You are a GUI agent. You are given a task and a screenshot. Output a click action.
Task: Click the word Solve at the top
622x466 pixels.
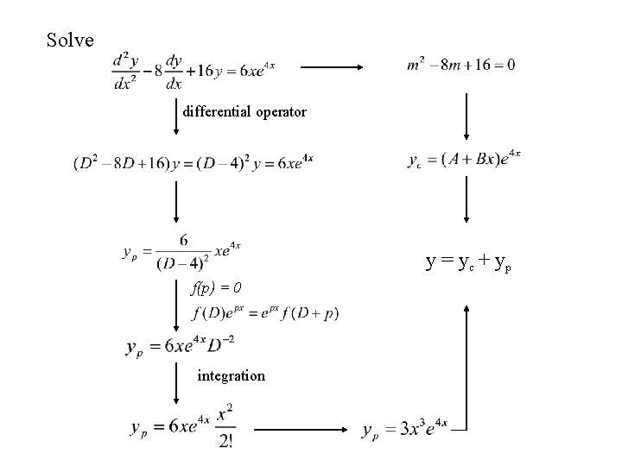tap(64, 40)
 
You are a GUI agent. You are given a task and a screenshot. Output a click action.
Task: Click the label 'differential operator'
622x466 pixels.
tap(244, 111)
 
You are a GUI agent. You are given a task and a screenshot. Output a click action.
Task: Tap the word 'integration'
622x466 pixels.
tap(231, 375)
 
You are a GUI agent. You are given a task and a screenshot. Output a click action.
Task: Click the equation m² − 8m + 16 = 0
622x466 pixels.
tap(460, 66)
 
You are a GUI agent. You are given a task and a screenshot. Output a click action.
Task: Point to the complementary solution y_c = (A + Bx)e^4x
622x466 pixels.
tap(463, 160)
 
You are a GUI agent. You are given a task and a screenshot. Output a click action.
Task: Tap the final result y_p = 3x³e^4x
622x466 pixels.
tap(404, 429)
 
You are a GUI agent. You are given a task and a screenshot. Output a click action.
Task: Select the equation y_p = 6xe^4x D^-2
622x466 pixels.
tap(180, 347)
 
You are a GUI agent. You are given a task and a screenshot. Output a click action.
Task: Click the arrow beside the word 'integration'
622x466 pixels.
tap(175, 381)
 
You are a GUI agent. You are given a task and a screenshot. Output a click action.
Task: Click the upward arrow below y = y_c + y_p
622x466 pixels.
tap(467, 362)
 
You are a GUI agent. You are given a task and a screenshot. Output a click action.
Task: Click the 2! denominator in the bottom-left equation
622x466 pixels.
tap(226, 441)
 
